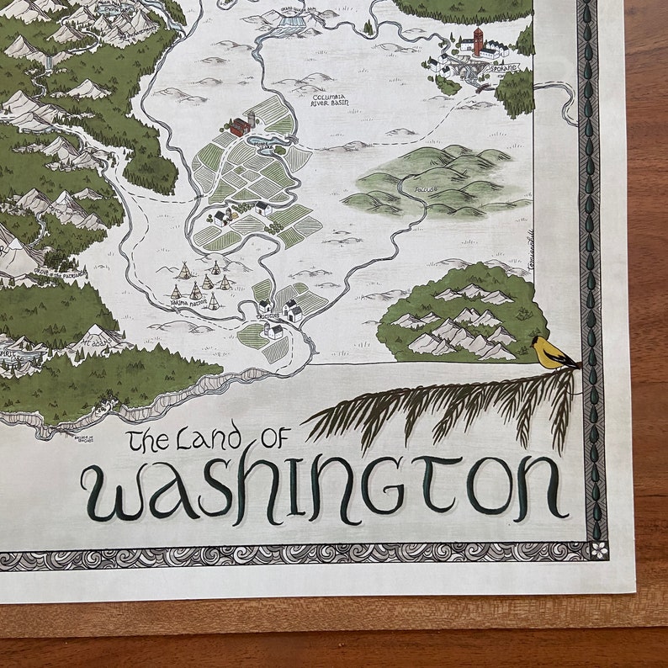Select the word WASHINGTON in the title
(x=324, y=487)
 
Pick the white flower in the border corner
(x=598, y=549)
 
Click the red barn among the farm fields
(x=241, y=127)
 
